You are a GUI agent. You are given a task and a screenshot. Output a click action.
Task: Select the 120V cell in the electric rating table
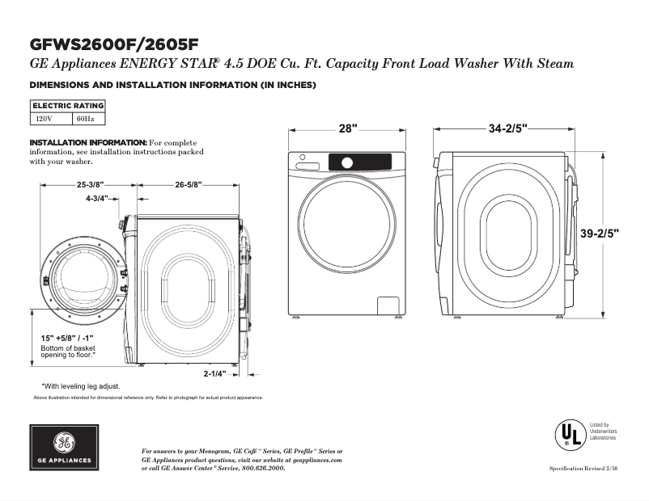click(x=44, y=118)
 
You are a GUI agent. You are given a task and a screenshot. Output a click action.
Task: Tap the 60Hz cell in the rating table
click(x=85, y=118)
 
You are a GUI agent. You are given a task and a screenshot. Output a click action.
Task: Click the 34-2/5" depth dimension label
click(x=507, y=128)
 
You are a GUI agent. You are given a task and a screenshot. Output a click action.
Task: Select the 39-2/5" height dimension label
click(x=600, y=233)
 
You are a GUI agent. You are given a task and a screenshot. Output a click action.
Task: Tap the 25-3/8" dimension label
click(x=90, y=184)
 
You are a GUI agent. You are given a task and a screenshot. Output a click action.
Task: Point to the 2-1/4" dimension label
click(x=215, y=373)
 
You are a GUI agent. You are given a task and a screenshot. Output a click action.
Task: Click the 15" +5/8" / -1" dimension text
click(x=67, y=338)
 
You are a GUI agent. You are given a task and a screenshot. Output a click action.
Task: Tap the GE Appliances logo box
click(x=65, y=447)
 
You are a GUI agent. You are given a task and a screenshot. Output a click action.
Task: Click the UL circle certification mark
click(x=569, y=434)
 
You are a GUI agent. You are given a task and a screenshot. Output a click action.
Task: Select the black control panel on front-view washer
click(x=359, y=161)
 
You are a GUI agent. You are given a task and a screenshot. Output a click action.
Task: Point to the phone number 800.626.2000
click(x=264, y=468)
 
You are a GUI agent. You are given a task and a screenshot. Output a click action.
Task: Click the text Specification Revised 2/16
click(x=583, y=469)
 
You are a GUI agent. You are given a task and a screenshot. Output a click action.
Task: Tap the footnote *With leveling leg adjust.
click(x=81, y=386)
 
